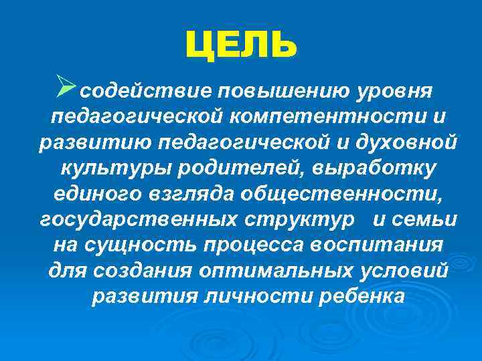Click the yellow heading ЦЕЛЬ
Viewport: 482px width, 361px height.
240,45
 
